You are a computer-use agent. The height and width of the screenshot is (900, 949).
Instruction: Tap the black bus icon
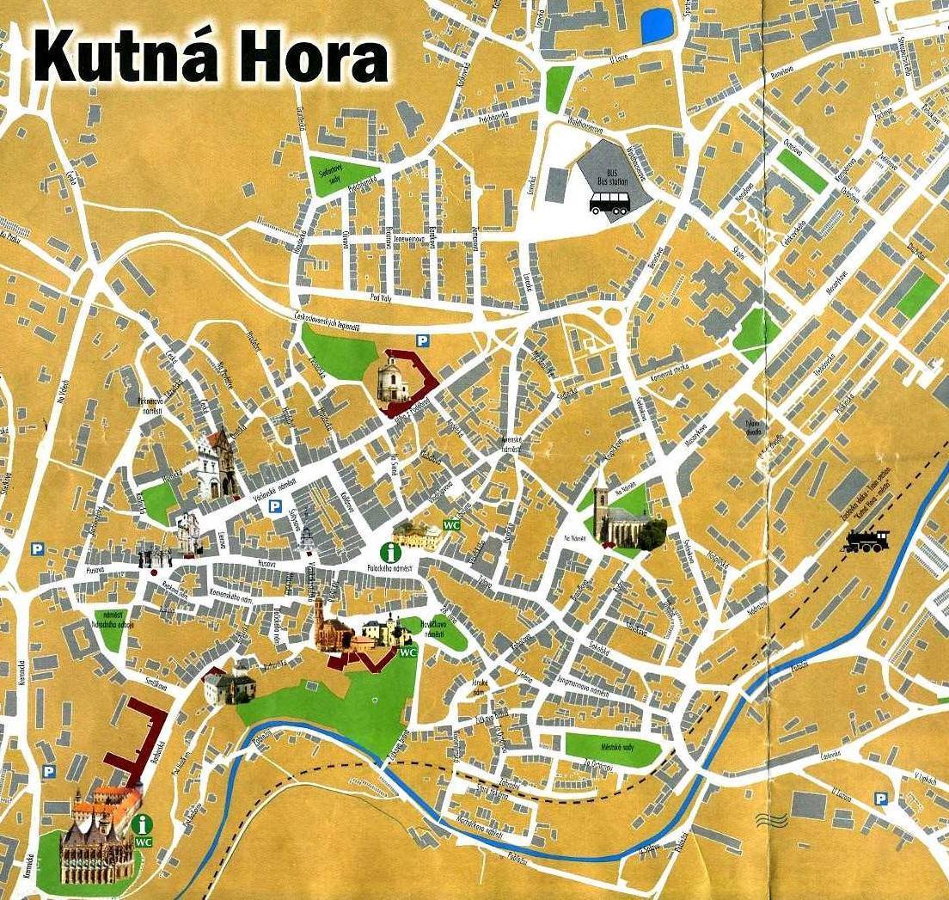click(609, 203)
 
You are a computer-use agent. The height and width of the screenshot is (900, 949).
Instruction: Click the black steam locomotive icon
click(866, 541)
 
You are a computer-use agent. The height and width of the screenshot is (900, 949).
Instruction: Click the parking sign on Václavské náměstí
click(275, 507)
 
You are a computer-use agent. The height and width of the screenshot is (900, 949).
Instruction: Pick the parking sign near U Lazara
click(880, 799)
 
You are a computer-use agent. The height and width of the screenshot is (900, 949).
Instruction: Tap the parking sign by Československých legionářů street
click(422, 340)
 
